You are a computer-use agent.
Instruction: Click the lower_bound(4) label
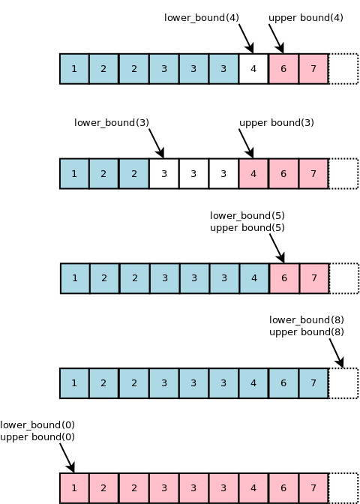tap(202, 17)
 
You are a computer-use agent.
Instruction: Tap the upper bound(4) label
tap(306, 17)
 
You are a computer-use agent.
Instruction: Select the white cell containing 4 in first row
tap(253, 69)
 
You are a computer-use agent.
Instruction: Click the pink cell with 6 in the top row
tap(283, 69)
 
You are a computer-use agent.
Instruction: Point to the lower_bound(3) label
tap(112, 122)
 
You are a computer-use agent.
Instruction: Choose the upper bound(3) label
tap(276, 122)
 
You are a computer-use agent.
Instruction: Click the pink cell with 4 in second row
tap(253, 173)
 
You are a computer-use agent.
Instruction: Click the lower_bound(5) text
tap(247, 215)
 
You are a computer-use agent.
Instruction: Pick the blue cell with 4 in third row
tap(253, 277)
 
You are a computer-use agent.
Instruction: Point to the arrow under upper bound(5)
tap(276, 246)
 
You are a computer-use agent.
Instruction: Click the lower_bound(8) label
tap(306, 319)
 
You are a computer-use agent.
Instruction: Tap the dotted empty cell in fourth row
tap(343, 382)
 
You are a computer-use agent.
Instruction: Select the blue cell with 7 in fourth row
tap(313, 382)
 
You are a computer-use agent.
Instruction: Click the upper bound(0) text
tap(37, 436)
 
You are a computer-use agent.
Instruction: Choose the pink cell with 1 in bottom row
tap(74, 487)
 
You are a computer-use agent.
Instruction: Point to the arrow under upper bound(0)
tap(66, 456)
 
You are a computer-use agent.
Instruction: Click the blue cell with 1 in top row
tap(74, 69)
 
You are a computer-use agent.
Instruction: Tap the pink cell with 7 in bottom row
tap(313, 487)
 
